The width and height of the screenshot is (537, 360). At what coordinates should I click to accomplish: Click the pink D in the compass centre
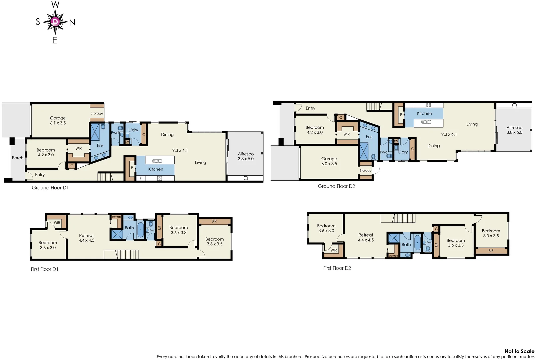55,22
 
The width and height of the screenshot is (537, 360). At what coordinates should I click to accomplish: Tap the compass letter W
55,5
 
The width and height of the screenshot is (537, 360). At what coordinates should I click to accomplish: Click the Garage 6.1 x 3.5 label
58,120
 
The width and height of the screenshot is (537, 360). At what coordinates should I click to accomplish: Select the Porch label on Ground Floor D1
18,158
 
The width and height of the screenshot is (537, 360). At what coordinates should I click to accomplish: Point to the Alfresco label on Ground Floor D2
514,130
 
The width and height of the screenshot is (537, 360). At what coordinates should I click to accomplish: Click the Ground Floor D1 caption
50,188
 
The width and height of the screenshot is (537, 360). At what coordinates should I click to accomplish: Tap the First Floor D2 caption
337,268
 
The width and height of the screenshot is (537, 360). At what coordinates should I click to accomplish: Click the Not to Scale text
519,351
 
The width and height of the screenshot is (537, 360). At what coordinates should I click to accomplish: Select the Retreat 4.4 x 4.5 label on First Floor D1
86,238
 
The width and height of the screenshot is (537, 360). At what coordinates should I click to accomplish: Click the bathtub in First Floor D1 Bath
141,230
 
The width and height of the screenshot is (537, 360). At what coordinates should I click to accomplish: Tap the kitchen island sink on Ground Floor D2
426,122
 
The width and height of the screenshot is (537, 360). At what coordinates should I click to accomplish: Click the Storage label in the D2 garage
365,170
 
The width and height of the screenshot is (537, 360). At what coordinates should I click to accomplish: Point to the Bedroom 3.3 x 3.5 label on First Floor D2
491,233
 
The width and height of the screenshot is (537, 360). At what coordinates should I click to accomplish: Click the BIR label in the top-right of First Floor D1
214,221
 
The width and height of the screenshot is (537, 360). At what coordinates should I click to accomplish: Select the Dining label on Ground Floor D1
167,134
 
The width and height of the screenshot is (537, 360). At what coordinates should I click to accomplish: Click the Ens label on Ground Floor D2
369,137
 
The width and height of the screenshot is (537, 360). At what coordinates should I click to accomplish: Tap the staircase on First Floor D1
121,254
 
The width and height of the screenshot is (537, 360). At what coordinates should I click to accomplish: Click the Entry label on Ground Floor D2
310,108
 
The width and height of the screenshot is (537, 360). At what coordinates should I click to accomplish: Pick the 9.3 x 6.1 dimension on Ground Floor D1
180,150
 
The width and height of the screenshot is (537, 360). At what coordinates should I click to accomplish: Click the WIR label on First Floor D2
334,250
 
